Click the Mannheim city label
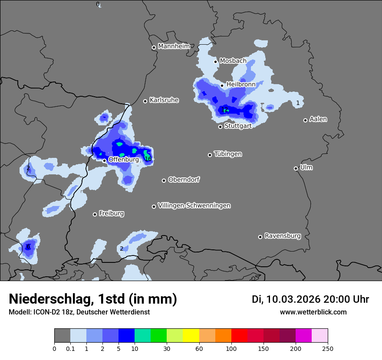click(x=174, y=46)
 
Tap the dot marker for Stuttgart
click(x=220, y=127)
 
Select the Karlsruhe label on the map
click(x=164, y=100)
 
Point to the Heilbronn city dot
click(x=222, y=85)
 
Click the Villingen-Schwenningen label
click(x=194, y=206)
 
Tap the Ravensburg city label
click(x=283, y=236)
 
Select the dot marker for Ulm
click(x=296, y=168)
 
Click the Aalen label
click(x=318, y=119)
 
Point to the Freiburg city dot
click(x=95, y=214)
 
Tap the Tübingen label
click(x=228, y=154)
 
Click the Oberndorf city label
click(x=184, y=180)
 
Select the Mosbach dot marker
click(x=215, y=62)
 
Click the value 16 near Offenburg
click(x=148, y=159)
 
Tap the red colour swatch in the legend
click(x=239, y=336)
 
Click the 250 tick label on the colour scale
click(x=328, y=348)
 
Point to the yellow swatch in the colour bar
click(x=191, y=336)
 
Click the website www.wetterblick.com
click(x=313, y=312)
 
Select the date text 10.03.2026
click(x=293, y=299)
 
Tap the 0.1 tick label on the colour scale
click(x=70, y=348)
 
